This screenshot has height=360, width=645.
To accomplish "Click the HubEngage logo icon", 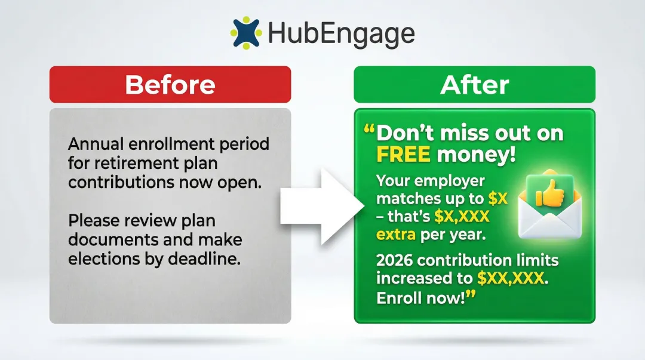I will (246, 32).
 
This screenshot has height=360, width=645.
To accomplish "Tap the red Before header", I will (170, 85).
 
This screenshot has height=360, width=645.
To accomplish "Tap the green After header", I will (475, 85).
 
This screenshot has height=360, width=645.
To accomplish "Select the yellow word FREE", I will (403, 155).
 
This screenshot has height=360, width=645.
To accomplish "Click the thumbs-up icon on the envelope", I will (545, 193).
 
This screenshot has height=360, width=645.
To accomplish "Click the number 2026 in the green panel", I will (395, 260).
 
